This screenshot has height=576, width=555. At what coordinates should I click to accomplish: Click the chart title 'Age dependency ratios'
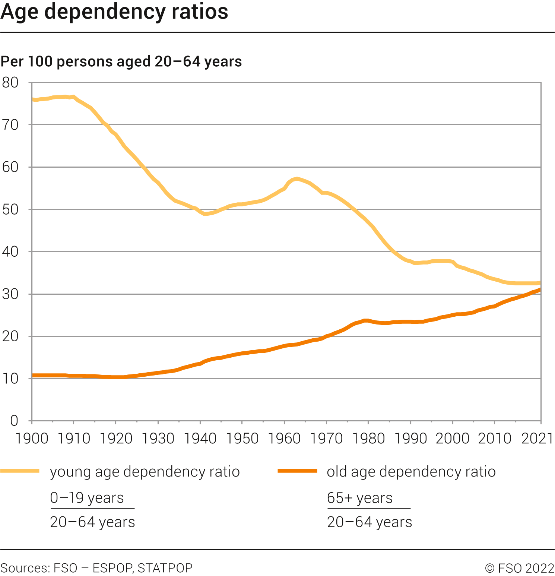click(x=114, y=12)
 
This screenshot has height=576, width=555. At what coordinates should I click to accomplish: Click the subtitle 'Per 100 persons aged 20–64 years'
click(x=121, y=61)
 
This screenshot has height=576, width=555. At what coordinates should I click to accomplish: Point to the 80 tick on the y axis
click(x=10, y=83)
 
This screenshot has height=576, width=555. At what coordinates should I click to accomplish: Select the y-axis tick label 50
click(x=10, y=210)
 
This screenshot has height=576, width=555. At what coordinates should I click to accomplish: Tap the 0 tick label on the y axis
click(x=14, y=421)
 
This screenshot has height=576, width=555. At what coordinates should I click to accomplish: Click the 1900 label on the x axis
click(x=32, y=439)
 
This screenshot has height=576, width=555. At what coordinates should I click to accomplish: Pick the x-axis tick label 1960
click(x=284, y=439)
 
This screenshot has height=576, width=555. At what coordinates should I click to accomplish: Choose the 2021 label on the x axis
click(x=537, y=439)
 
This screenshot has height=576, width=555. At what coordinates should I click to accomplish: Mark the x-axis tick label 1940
click(x=200, y=439)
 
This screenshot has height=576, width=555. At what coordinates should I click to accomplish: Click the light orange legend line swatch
click(x=20, y=471)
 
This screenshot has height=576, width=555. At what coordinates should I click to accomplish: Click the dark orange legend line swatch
click(x=297, y=471)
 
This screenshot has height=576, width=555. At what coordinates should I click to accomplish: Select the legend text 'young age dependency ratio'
click(x=145, y=472)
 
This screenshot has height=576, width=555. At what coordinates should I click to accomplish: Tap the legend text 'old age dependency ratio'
click(x=411, y=472)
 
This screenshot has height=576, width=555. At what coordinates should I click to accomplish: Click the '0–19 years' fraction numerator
click(x=87, y=498)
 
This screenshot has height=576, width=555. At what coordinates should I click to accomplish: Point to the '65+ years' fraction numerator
click(x=360, y=498)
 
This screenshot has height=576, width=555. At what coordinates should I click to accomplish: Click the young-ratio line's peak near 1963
click(x=296, y=179)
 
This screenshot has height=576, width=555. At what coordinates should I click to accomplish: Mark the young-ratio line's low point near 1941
click(x=204, y=214)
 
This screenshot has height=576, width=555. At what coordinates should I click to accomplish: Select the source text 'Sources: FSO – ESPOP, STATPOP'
click(x=96, y=568)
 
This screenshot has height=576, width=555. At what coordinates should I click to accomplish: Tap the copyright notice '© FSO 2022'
click(x=520, y=568)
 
